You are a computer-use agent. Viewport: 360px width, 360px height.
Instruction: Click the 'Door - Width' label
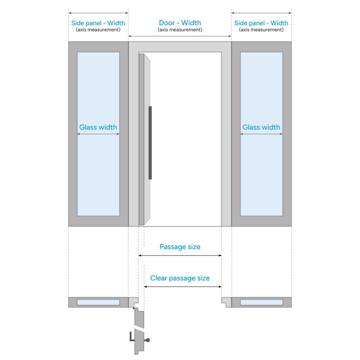click(x=180, y=23)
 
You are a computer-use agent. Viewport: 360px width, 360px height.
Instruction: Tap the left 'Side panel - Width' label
click(x=98, y=23)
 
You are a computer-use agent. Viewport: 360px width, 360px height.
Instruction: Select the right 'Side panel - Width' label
click(x=261, y=23)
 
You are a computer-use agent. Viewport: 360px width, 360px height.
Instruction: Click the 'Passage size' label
click(x=180, y=247)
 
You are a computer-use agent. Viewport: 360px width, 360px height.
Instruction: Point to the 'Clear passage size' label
click(x=180, y=278)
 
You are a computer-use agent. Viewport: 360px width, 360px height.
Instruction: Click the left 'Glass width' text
click(x=98, y=127)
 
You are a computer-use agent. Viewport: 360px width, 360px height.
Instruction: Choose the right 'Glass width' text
click(x=261, y=127)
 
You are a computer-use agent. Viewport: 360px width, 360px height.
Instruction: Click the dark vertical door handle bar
click(x=150, y=143)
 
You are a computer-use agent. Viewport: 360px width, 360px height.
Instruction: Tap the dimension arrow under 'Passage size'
click(x=180, y=256)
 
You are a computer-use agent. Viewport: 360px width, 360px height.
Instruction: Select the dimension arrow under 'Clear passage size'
click(x=183, y=287)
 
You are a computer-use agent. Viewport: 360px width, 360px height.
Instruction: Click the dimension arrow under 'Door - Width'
click(x=180, y=36)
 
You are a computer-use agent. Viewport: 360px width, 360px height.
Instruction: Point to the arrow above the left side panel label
click(x=99, y=13)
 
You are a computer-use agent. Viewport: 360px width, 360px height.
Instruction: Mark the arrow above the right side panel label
click(x=261, y=13)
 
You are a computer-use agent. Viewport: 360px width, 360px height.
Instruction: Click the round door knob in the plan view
click(x=148, y=340)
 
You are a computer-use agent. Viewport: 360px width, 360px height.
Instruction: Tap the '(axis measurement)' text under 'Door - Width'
click(x=180, y=30)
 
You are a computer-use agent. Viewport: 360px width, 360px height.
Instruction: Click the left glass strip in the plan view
click(x=99, y=302)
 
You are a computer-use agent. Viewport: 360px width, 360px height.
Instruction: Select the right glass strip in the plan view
click(x=261, y=302)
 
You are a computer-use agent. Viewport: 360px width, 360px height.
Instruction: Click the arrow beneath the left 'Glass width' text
click(x=98, y=134)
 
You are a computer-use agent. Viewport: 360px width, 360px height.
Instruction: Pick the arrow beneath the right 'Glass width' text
click(x=261, y=134)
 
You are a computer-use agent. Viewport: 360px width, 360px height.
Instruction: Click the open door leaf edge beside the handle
click(x=147, y=139)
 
